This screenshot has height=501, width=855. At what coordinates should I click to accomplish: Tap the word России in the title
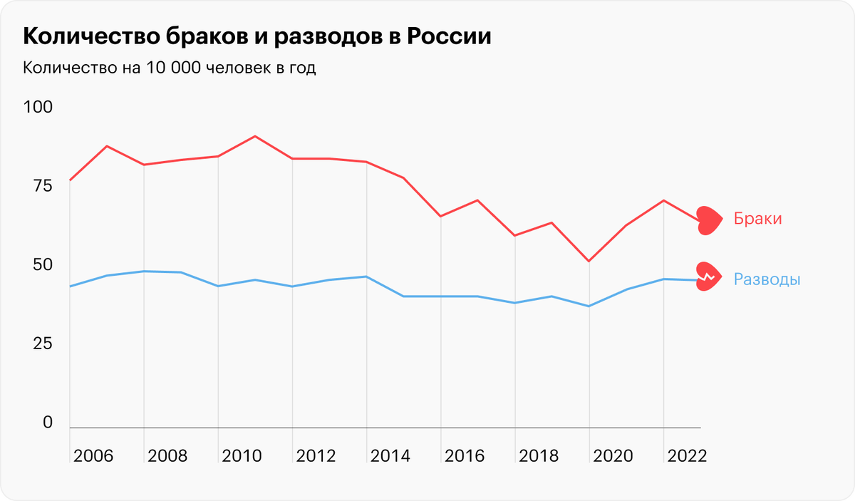449,36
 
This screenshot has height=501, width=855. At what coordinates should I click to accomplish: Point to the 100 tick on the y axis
38,108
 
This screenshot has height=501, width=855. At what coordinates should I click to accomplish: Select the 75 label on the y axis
38,187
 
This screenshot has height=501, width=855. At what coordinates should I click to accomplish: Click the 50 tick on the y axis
38,265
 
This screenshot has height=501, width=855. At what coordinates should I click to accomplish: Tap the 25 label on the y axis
38,344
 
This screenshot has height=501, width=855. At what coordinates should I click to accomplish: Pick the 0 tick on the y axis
47,423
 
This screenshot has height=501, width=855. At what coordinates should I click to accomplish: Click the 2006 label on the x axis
93,456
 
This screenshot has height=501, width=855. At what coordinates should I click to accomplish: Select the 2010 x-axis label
242,456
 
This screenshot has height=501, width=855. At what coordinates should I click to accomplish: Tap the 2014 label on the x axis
390,456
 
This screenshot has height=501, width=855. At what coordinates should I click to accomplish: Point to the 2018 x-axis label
538,456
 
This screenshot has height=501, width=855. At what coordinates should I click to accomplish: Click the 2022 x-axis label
686,456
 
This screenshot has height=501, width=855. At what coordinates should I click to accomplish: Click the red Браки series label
758,219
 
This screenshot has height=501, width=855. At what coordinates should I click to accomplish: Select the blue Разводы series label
767,280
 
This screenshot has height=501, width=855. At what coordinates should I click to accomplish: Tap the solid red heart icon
709,219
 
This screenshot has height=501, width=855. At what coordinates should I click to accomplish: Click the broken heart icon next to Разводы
709,277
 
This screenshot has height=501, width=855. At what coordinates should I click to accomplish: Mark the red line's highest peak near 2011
255,136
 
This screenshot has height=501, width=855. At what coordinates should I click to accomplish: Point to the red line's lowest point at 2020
589,262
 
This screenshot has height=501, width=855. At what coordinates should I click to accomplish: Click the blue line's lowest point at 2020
589,306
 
